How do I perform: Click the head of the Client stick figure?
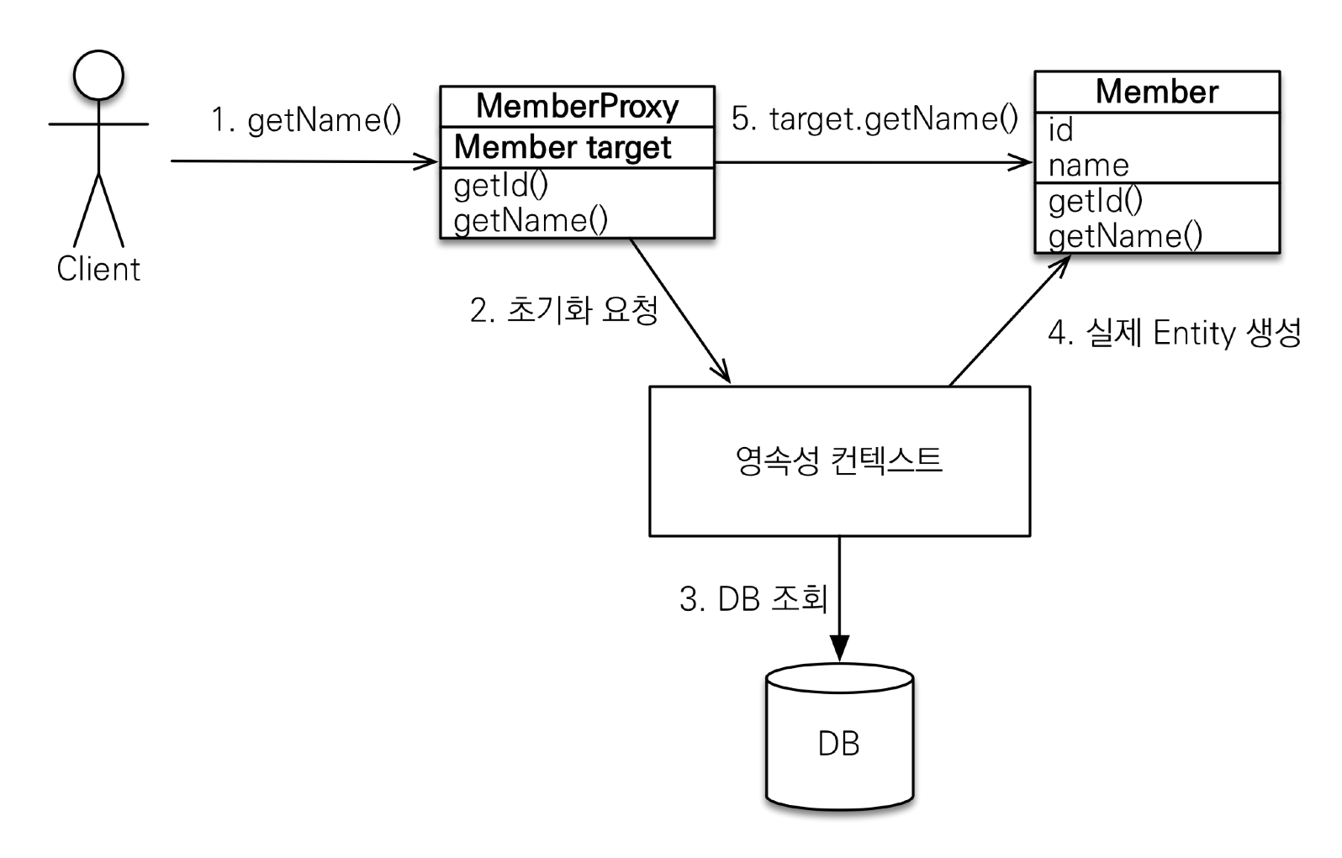tap(98, 75)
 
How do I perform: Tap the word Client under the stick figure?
tap(98, 269)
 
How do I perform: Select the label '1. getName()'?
tap(306, 120)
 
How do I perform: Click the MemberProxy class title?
tap(577, 107)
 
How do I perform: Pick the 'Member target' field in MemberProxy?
tap(563, 147)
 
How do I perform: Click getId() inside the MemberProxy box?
tap(501, 185)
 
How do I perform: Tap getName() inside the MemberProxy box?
tap(531, 220)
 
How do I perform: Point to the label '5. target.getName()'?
tap(874, 118)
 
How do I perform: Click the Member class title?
tap(1156, 92)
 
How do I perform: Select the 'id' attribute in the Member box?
tap(1061, 130)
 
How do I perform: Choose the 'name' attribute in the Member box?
tap(1088, 166)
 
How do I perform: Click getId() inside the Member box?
tap(1096, 201)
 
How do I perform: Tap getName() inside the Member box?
tap(1125, 236)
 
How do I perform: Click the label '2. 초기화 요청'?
tap(564, 310)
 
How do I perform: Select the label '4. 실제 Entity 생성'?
tap(1174, 333)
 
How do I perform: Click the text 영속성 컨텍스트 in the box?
tap(838, 461)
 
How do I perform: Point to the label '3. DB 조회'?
tap(753, 599)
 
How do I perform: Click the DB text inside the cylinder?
tap(838, 744)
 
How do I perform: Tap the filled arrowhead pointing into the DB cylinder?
tap(839, 648)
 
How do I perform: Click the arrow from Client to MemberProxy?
tap(303, 161)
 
